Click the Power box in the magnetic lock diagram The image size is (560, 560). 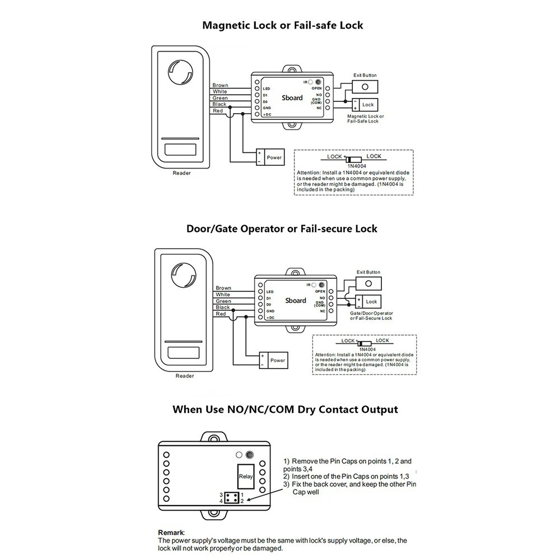tap(274, 157)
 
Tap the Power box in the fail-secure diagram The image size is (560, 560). tap(278, 361)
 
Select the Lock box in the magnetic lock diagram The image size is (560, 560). tap(368, 105)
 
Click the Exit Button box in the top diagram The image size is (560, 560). tap(365, 87)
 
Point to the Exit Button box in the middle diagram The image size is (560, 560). tap(369, 283)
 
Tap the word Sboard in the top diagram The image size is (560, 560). tap(293, 97)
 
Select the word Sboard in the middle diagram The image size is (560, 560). tap(296, 300)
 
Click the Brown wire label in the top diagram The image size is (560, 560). tap(220, 86)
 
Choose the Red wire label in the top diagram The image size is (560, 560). tap(218, 111)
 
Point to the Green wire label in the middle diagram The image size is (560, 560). tap(223, 301)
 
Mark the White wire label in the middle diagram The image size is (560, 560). tap(223, 295)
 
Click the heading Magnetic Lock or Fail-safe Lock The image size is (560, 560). tap(282, 25)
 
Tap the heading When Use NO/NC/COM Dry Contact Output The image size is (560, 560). tap(285, 409)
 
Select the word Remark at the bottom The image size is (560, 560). tap(171, 533)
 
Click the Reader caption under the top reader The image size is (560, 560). tap(181, 173)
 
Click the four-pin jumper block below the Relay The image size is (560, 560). tap(231, 498)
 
